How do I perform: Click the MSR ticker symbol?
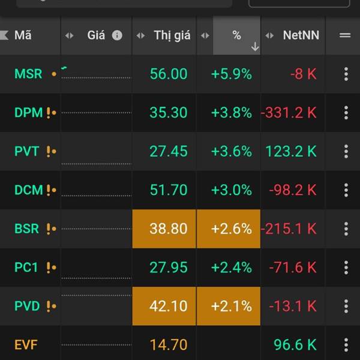(28, 74)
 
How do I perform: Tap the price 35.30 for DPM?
(169, 113)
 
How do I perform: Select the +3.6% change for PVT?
(231, 151)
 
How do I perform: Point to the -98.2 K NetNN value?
(293, 190)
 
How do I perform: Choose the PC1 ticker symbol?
(26, 267)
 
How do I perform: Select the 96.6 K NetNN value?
(295, 345)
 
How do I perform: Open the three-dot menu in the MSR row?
(346, 74)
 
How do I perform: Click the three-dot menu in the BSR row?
(346, 229)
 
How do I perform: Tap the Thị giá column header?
(172, 35)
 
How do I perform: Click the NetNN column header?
(301, 35)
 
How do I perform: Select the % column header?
(236, 35)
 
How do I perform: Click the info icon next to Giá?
(117, 35)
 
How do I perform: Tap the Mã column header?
(23, 35)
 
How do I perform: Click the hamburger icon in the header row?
(345, 35)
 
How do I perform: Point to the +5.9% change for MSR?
(231, 74)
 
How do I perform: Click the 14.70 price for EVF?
(169, 345)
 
